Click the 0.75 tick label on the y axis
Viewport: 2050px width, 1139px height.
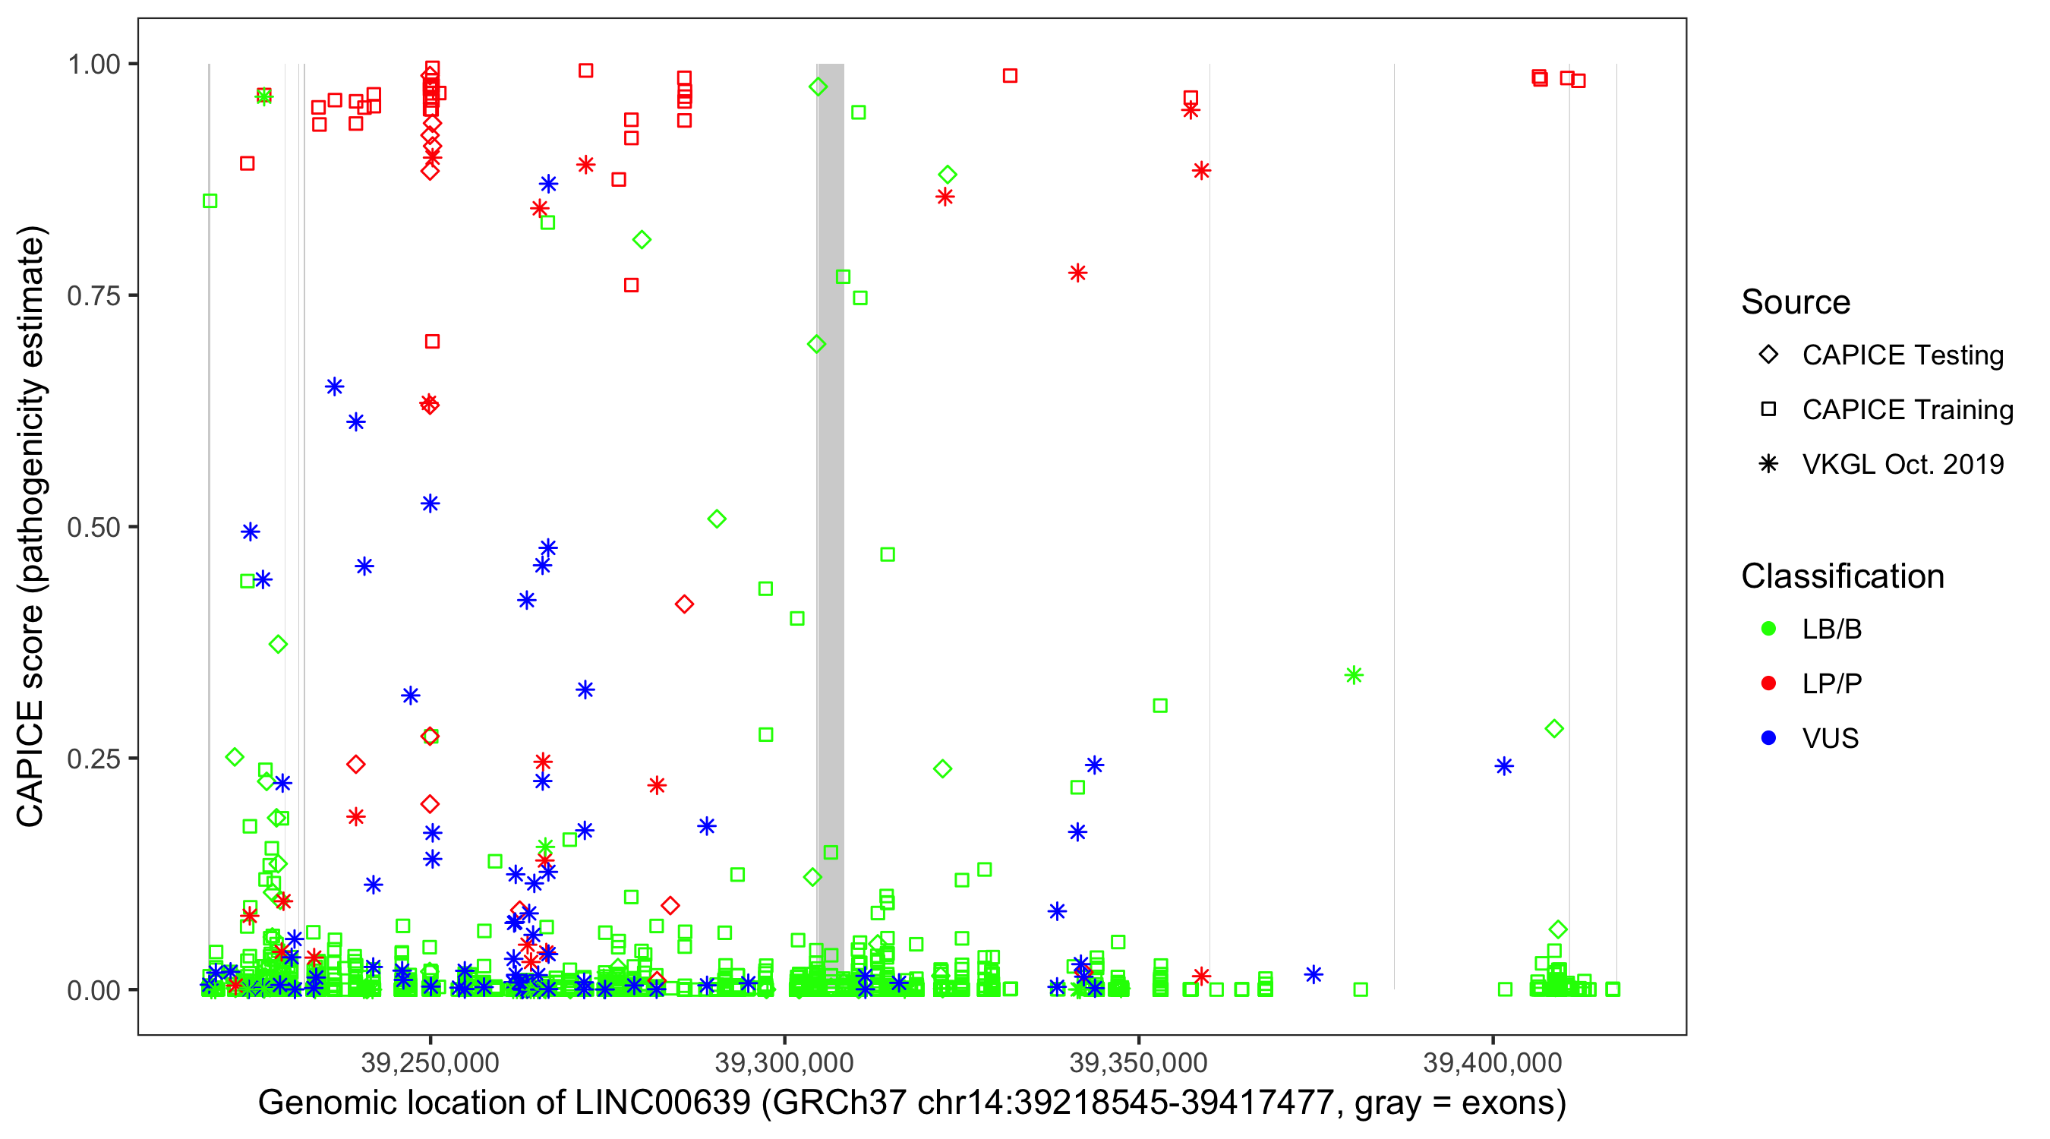click(93, 296)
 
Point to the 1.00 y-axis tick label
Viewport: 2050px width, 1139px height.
click(93, 65)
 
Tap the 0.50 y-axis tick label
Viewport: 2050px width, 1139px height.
click(93, 528)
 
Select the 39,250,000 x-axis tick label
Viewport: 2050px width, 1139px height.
click(430, 1062)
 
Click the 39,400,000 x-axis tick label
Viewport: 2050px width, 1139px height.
click(1492, 1062)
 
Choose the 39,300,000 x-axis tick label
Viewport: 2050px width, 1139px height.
click(784, 1062)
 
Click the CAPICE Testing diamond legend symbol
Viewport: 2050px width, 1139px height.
click(1768, 355)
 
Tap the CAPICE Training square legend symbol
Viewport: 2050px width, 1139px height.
click(1768, 410)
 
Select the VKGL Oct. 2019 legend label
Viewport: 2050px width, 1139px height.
click(1903, 464)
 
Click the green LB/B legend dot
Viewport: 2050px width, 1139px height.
click(1768, 629)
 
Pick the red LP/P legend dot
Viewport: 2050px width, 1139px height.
click(1768, 683)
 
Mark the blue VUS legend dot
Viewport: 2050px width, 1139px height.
click(1768, 739)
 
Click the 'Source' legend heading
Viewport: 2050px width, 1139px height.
click(1796, 302)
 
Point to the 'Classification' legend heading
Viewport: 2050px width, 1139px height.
click(1842, 576)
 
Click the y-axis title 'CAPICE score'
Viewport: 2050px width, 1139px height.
click(32, 526)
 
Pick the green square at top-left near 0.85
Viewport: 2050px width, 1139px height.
click(210, 201)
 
